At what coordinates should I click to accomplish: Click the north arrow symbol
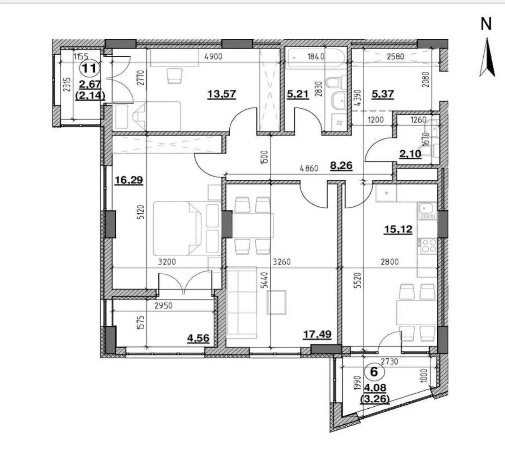[487, 57]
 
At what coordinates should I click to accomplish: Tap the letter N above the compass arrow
[486, 24]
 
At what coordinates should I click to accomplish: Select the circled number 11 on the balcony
[89, 68]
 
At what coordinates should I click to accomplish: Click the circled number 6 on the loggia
[374, 372]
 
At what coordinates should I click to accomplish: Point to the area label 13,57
[222, 94]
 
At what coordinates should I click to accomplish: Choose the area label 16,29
[129, 180]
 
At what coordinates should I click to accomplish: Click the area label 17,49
[317, 335]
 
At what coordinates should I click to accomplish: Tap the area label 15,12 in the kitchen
[398, 229]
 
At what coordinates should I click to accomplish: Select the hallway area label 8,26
[341, 166]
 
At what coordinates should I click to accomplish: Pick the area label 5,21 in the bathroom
[297, 95]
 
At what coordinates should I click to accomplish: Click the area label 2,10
[410, 153]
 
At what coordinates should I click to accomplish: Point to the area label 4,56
[198, 338]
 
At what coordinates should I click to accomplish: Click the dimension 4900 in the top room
[213, 56]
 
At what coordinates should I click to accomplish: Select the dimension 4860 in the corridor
[309, 168]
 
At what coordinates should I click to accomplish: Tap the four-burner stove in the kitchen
[428, 246]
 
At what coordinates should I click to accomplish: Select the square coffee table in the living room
[277, 303]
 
